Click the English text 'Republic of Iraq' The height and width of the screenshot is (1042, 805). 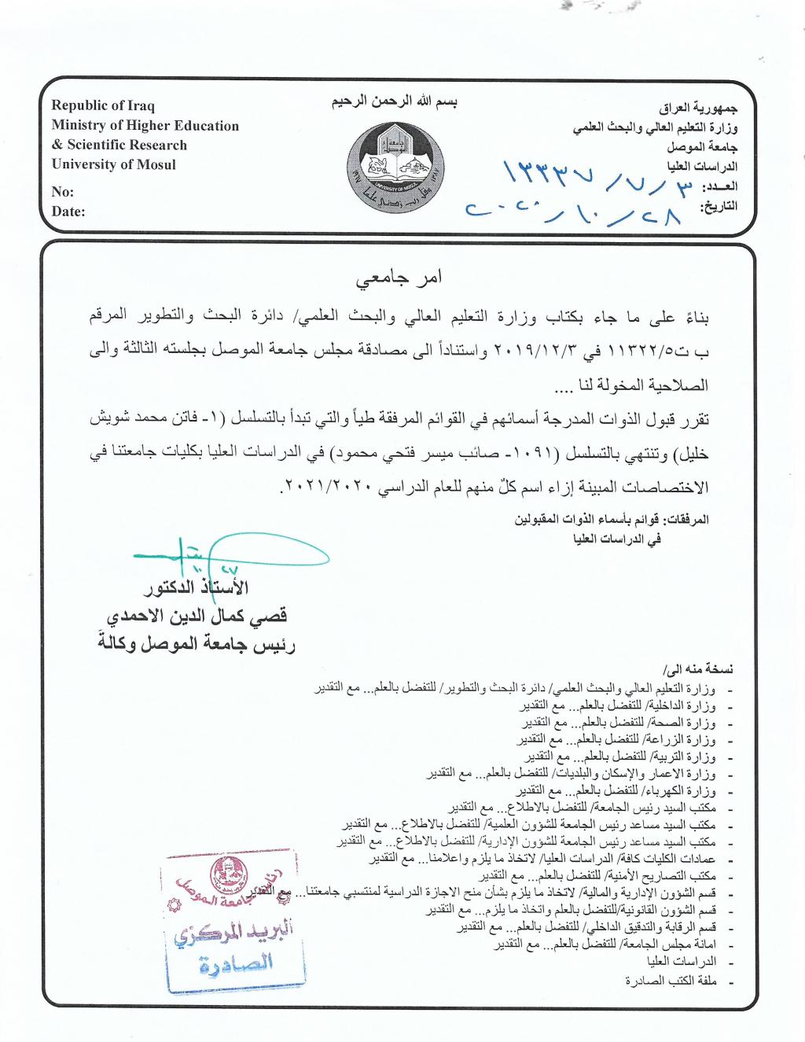tap(103, 105)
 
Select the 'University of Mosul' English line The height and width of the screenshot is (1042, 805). tap(114, 164)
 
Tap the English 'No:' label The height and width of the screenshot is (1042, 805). tap(63, 191)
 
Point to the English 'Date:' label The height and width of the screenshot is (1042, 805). tap(68, 211)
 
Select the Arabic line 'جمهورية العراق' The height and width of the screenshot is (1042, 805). tap(697, 107)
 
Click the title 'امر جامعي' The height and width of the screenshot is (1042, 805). tap(399, 278)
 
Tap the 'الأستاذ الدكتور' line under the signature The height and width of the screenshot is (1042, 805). tap(196, 588)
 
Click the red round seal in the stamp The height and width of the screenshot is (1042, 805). tap(229, 875)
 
